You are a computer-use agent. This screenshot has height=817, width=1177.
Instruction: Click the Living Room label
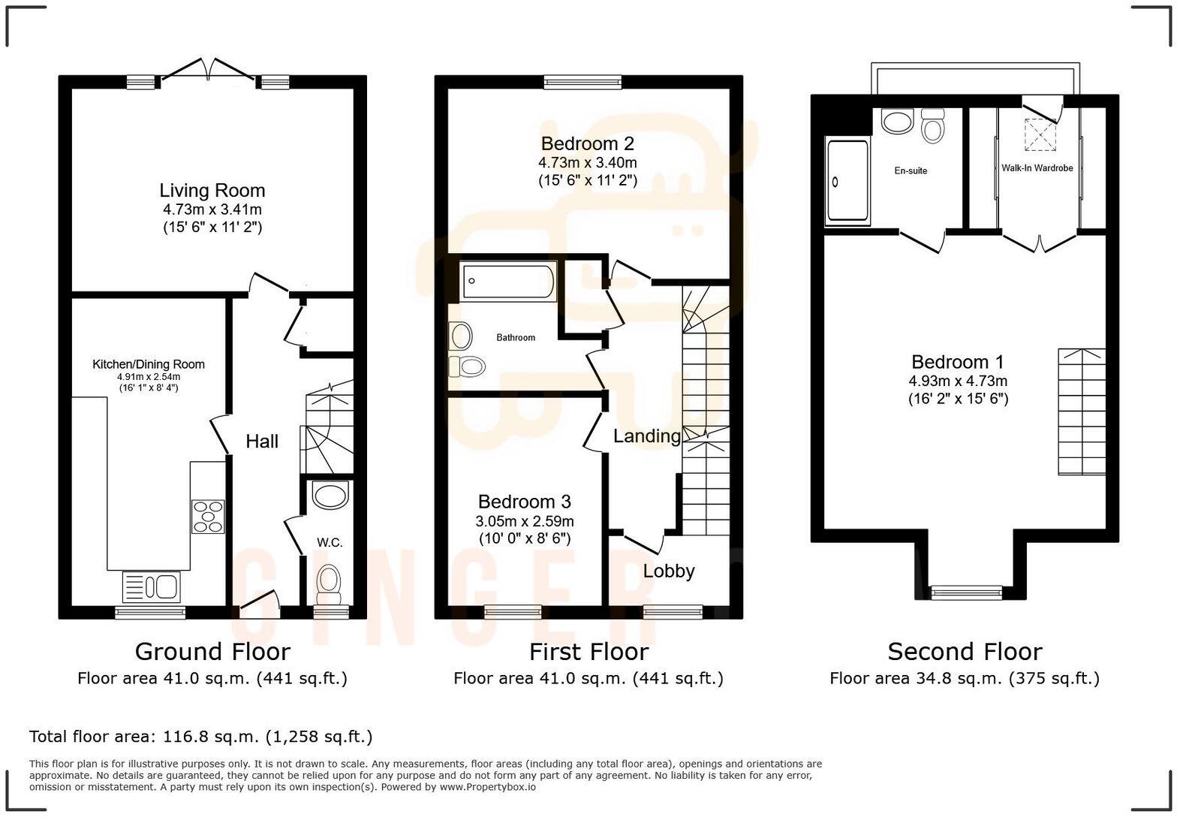(x=212, y=191)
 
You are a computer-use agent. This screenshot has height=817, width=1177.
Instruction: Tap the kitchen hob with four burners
(x=208, y=516)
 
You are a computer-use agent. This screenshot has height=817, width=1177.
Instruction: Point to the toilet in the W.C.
(x=328, y=582)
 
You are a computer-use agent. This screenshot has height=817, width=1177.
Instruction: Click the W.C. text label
(x=330, y=542)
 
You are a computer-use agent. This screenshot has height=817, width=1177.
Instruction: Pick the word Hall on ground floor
(x=262, y=442)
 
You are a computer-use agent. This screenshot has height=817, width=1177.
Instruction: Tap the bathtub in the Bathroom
(x=508, y=282)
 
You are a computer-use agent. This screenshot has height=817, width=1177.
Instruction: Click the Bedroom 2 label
(x=588, y=143)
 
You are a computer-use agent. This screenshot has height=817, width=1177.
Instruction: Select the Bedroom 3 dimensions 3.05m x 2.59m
(x=525, y=521)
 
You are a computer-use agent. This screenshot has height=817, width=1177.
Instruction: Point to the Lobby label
(x=668, y=571)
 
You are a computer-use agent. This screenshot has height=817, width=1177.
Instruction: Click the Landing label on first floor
(x=646, y=436)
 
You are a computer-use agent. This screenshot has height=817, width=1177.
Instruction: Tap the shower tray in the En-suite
(x=847, y=181)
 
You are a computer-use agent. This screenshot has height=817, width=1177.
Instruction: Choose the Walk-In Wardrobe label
(x=1037, y=168)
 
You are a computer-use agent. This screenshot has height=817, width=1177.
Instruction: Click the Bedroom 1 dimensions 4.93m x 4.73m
(x=958, y=381)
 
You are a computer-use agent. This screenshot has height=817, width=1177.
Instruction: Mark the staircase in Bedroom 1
(x=1082, y=412)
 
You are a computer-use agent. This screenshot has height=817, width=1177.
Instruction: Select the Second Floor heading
(x=965, y=651)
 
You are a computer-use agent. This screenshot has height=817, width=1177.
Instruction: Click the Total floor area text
(x=200, y=737)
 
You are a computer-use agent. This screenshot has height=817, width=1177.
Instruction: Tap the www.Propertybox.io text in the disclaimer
(x=487, y=787)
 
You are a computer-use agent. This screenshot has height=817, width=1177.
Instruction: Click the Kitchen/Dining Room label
(x=148, y=364)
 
